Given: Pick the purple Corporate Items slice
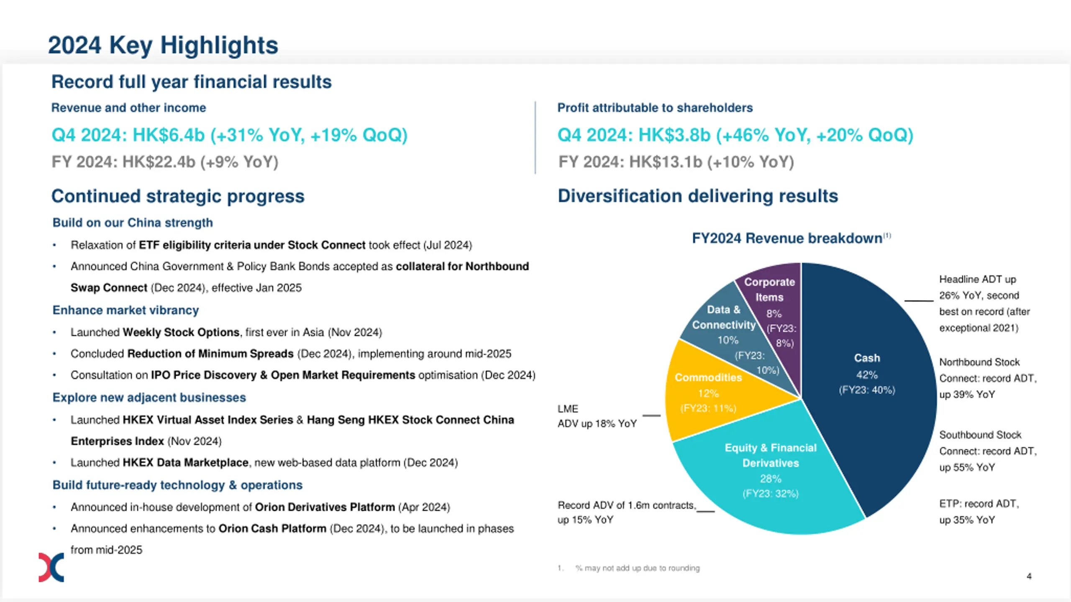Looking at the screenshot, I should [x=774, y=301].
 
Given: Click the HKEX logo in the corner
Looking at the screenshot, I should [x=51, y=567].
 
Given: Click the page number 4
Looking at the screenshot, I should [x=1029, y=576].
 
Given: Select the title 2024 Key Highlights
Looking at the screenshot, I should [x=163, y=45].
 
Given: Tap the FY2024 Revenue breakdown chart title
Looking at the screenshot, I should [x=787, y=238].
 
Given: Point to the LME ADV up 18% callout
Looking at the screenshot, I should [x=597, y=416].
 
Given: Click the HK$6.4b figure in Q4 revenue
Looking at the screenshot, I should [x=169, y=135].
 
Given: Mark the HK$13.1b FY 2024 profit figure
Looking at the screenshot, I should [x=665, y=162].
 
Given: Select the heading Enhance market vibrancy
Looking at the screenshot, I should [x=126, y=310].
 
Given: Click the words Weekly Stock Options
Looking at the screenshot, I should [x=181, y=332].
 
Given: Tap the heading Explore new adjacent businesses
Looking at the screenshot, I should [x=149, y=397].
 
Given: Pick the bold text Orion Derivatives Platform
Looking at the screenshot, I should [x=325, y=507].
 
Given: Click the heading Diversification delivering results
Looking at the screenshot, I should [x=698, y=196].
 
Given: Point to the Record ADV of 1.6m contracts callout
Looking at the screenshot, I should [x=626, y=512].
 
